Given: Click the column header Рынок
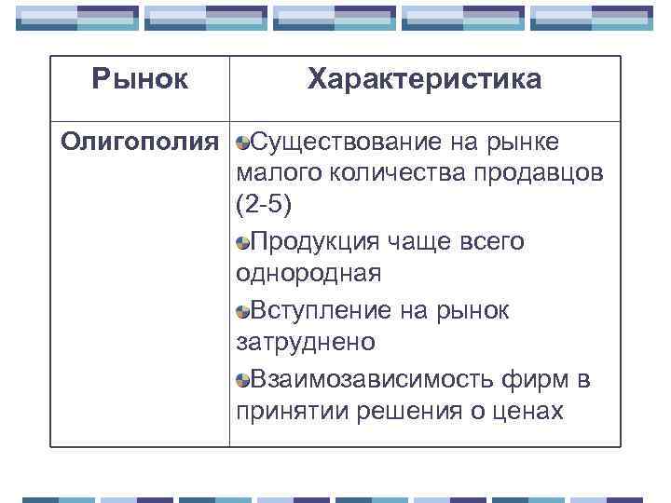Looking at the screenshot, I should (x=140, y=79).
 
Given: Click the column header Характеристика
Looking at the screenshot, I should (x=424, y=79).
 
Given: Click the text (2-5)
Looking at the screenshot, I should (x=265, y=207).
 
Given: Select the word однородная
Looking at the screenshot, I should (x=308, y=274).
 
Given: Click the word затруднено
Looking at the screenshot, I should (x=306, y=342).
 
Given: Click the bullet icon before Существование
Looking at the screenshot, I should (x=242, y=143).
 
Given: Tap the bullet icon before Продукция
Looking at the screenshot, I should (x=242, y=243).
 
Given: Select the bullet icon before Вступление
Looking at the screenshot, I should (x=242, y=311).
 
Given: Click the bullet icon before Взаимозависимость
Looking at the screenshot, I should (x=242, y=380).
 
